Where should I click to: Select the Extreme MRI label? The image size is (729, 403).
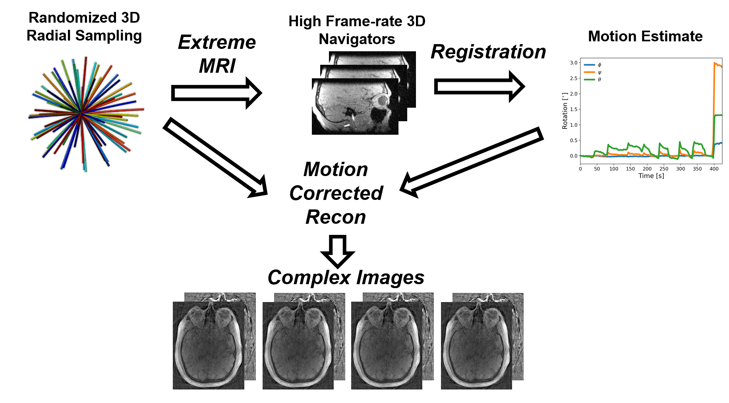point(217,54)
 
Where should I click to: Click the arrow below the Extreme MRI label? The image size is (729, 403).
point(216,93)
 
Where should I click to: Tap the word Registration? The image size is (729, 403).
point(488,52)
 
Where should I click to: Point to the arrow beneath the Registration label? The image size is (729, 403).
point(479,86)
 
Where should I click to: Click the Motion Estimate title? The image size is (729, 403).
point(645,37)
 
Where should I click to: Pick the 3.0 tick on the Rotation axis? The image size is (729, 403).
point(574,63)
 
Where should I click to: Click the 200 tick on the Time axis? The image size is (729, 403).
point(647,169)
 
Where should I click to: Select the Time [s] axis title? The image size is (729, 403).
point(651,176)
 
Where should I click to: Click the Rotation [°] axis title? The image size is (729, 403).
point(565,111)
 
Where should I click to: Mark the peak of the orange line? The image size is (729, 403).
point(715,63)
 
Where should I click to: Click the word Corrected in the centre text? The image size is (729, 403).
point(336,194)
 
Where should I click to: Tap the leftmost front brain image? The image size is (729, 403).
point(209,345)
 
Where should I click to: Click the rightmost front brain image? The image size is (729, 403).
point(476,345)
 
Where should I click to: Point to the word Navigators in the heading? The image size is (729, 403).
point(357,39)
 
